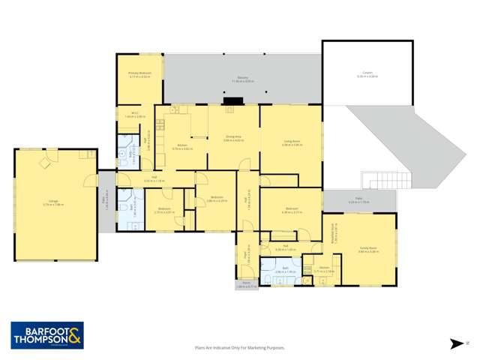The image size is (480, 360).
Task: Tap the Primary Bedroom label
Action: [x=140, y=74]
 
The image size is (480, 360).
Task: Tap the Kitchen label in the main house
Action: [x=182, y=146]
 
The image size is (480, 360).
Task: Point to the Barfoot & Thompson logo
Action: [x=46, y=334]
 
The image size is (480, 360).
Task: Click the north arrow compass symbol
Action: [x=456, y=343]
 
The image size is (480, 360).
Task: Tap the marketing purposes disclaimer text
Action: [x=241, y=347]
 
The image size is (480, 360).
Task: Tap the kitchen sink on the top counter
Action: [x=174, y=111]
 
